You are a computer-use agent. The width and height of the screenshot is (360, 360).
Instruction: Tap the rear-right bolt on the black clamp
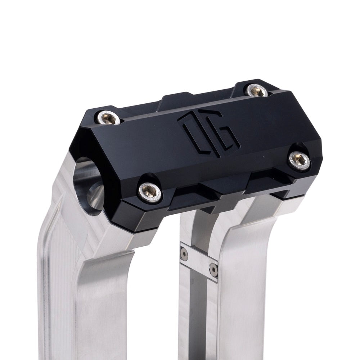[257, 90]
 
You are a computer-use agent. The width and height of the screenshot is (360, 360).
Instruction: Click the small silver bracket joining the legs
[199, 262]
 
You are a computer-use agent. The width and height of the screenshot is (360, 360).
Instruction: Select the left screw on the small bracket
[184, 254]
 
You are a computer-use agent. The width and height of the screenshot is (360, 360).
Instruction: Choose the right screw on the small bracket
[213, 270]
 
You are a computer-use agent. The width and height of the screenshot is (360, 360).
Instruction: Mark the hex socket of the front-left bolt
[150, 191]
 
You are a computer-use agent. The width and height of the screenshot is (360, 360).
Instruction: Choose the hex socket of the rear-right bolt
[257, 90]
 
